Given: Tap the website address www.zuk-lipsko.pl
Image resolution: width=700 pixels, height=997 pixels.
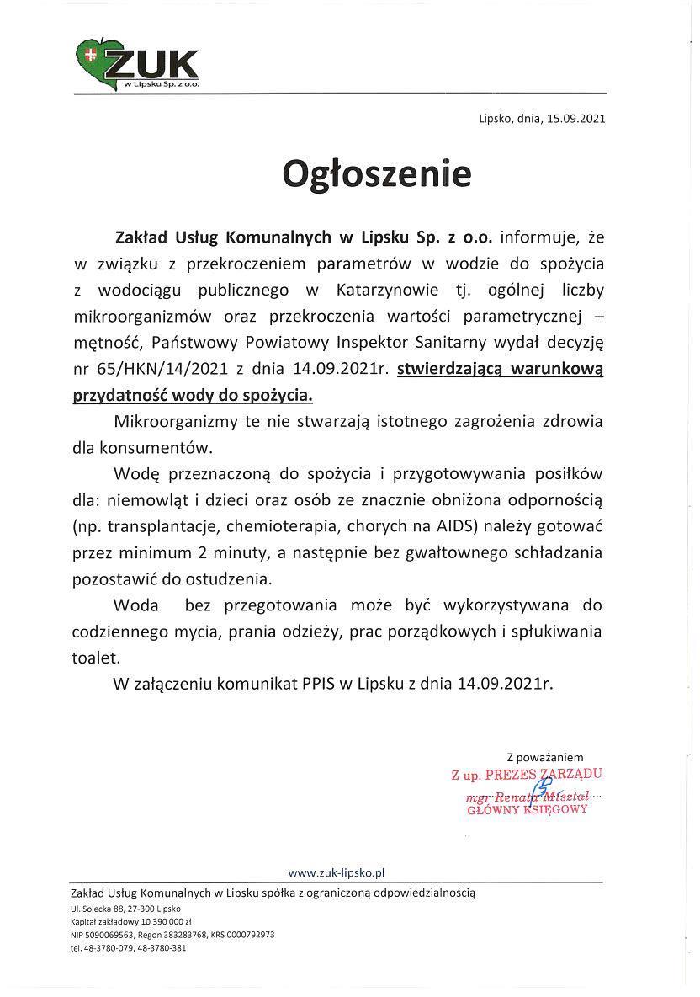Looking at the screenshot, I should pyautogui.click(x=337, y=873).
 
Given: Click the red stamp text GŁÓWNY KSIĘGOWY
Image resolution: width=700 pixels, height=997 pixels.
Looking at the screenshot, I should pyautogui.click(x=528, y=808).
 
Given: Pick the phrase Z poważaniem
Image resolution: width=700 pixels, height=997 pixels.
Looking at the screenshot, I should pyautogui.click(x=544, y=757).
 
